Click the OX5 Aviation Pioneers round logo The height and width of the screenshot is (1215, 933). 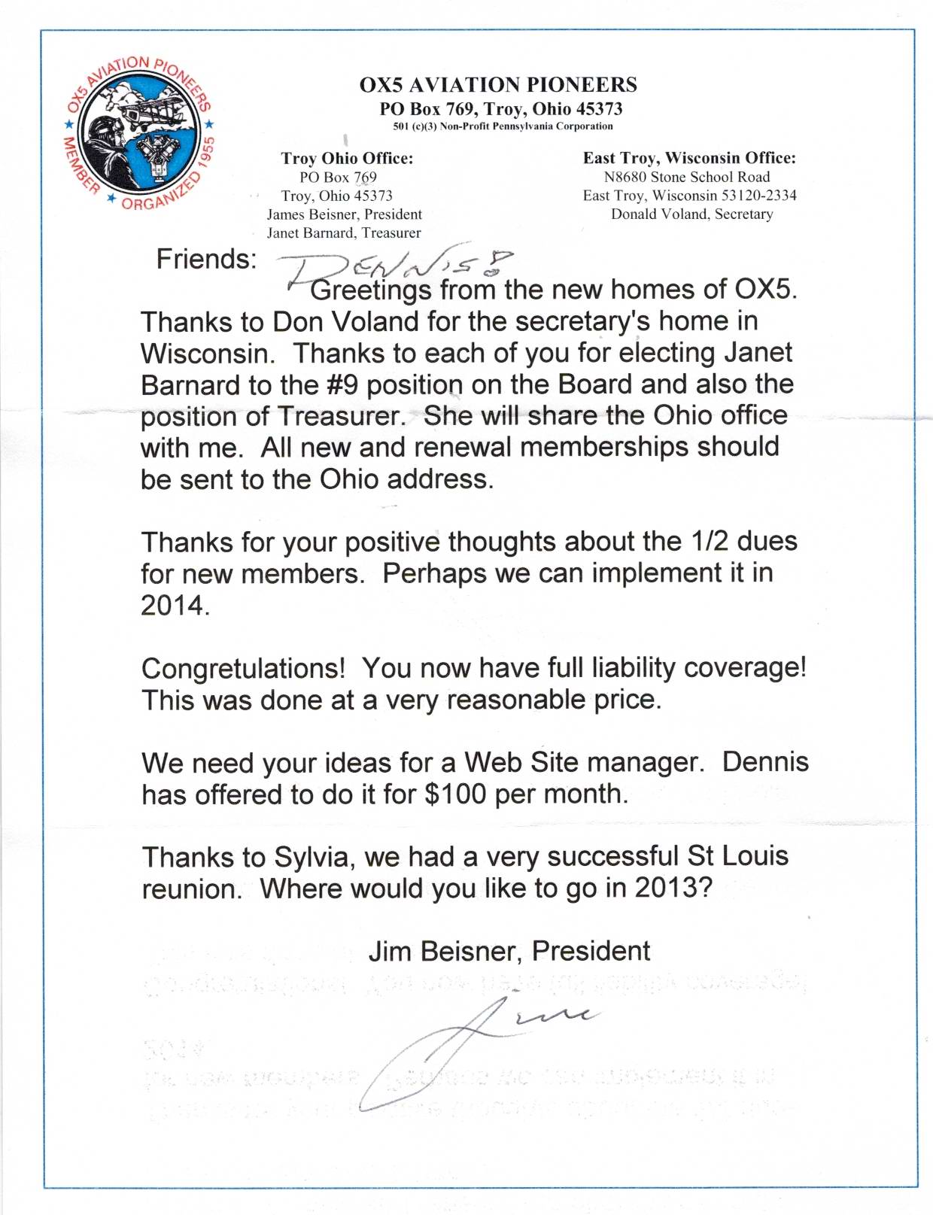(x=139, y=134)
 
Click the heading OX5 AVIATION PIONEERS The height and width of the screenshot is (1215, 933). (x=498, y=84)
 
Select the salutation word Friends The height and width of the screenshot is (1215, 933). (x=205, y=259)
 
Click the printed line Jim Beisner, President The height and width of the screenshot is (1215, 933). (x=509, y=951)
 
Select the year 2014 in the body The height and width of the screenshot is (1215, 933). (x=173, y=605)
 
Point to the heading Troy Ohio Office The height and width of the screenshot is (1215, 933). (x=347, y=158)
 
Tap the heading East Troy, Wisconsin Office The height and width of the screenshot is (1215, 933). (x=689, y=158)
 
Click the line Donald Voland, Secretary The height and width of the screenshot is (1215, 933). (x=691, y=214)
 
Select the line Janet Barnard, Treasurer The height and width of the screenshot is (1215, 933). (x=344, y=232)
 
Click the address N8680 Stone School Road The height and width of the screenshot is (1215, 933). (x=687, y=177)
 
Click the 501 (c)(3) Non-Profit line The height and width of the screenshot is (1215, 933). (x=503, y=126)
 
